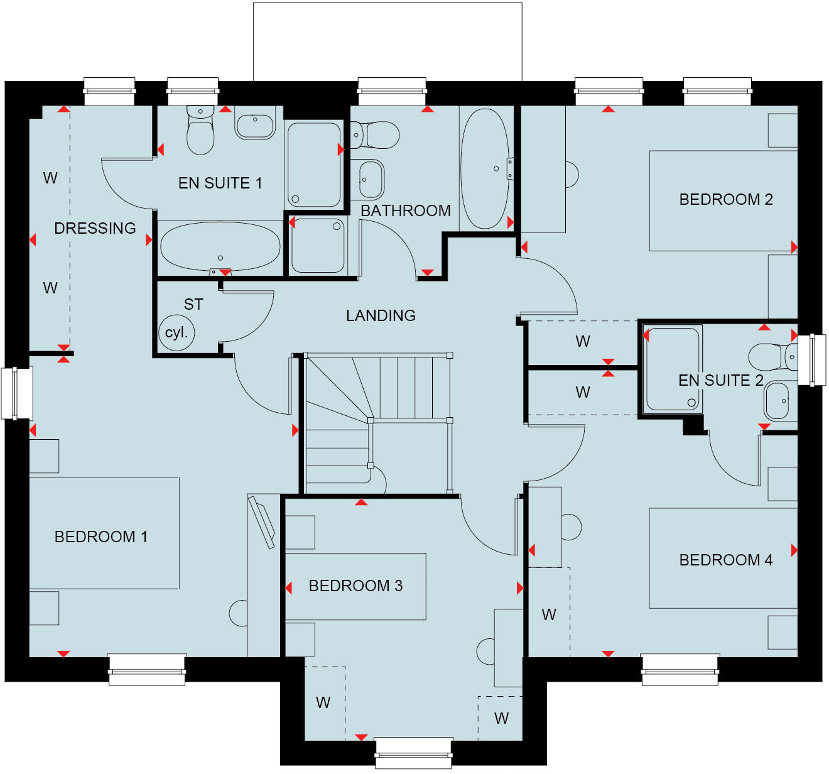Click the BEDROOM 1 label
[100, 537]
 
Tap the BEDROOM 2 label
[725, 199]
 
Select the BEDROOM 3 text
[355, 586]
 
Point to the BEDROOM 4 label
[725, 560]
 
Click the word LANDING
[381, 315]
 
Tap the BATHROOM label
[405, 210]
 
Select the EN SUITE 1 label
[220, 183]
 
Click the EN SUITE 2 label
[720, 380]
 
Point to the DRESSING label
[95, 228]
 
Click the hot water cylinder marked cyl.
[176, 333]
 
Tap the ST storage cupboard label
[193, 305]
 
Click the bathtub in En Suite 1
[220, 247]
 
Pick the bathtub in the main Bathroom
[484, 168]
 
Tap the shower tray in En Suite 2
[673, 369]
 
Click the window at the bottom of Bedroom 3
[414, 751]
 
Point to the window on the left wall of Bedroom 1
[16, 393]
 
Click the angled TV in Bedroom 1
[262, 521]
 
